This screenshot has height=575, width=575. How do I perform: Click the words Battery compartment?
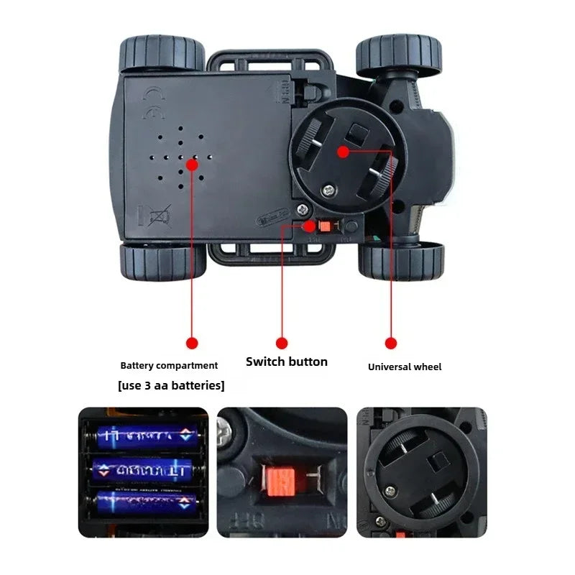(x=169, y=366)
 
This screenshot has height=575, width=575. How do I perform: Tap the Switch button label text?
(x=286, y=362)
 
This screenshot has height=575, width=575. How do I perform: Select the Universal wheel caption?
(x=405, y=367)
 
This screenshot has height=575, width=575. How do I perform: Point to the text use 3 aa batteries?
(x=171, y=385)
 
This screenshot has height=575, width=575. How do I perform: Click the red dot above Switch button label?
(x=282, y=344)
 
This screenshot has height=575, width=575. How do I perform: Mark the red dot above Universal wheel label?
(x=391, y=344)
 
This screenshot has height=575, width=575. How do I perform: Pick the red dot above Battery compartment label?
(x=191, y=344)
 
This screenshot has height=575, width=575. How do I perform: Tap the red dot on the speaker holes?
(x=192, y=164)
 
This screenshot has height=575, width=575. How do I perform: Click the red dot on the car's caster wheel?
(x=343, y=152)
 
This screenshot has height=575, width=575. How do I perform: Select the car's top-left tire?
(x=162, y=55)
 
